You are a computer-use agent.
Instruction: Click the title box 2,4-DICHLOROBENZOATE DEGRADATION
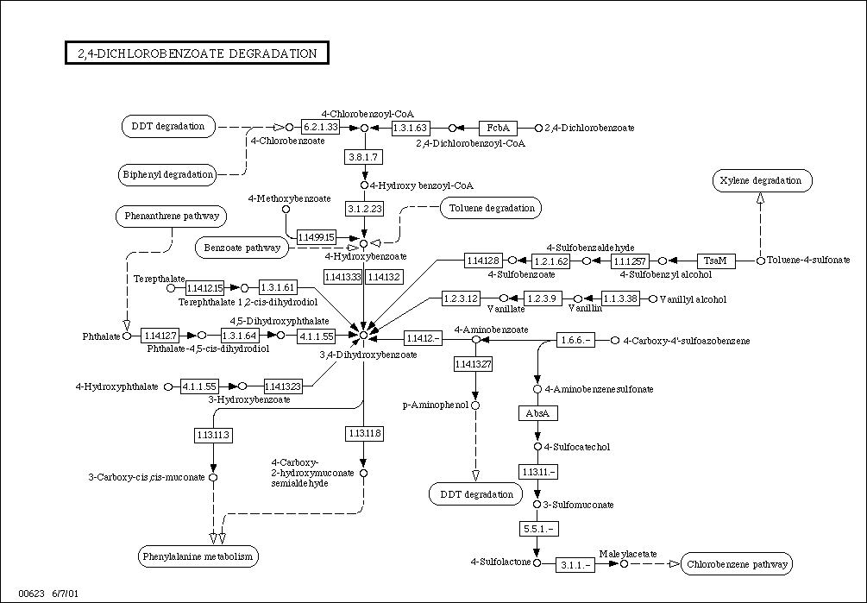[197, 53]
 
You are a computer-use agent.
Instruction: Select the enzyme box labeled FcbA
[496, 128]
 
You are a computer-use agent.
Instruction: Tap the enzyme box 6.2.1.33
[321, 128]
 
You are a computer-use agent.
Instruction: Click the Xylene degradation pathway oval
[762, 181]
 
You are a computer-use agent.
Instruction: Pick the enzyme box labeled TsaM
[715, 260]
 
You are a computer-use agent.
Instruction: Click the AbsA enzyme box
[537, 413]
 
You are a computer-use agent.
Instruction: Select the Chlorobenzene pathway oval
[737, 565]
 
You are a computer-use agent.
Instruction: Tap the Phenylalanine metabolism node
[198, 556]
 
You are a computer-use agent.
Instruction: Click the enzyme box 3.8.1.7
[363, 157]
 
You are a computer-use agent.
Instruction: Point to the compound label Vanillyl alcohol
[693, 299]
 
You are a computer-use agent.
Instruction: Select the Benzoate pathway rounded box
[242, 248]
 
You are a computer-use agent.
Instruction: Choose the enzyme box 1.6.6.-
[576, 341]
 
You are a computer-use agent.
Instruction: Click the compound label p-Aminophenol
[435, 405]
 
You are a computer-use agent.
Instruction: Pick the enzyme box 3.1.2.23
[363, 209]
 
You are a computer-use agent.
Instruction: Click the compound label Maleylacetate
[628, 553]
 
